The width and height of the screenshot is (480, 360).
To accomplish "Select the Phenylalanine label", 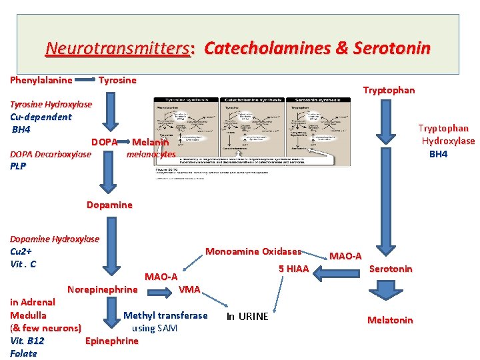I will [41, 80].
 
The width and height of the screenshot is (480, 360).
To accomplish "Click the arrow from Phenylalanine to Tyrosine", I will [85, 81].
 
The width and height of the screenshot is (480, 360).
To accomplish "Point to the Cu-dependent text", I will [41, 117].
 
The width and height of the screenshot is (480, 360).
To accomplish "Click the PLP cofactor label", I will [19, 167].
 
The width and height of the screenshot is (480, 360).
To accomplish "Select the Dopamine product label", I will [109, 205].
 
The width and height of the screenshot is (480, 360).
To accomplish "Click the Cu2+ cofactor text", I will [21, 251].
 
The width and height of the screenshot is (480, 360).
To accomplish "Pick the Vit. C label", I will [23, 263].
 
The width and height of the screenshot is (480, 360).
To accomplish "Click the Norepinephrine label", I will [102, 289].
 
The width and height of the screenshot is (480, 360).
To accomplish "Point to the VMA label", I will [189, 289].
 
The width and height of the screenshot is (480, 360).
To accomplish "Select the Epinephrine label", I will [112, 341].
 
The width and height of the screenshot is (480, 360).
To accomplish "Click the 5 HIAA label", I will [293, 269].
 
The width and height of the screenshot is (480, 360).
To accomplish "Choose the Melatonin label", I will [390, 320].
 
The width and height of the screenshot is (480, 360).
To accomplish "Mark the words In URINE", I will [247, 316].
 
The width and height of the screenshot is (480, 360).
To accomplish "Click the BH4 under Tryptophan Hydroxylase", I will [438, 154].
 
